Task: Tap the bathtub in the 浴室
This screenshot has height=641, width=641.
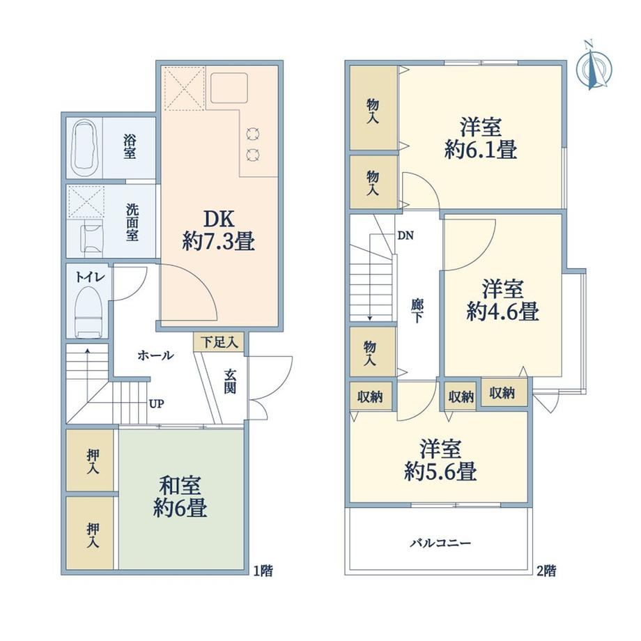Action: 86,148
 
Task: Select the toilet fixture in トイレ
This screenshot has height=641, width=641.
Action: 88,312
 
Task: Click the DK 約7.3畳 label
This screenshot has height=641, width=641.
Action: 219,231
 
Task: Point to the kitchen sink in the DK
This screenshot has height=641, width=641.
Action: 229,88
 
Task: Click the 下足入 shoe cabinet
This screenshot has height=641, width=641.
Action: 219,342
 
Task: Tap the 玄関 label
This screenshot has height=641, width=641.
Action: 230,381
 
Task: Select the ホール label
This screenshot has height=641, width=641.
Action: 156,355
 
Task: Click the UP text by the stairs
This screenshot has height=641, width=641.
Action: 157,404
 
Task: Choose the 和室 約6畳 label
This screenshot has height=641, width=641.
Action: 180,497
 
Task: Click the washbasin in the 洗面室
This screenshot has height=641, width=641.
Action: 93,238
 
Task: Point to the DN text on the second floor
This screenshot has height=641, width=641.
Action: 406,235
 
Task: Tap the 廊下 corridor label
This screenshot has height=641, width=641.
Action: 417,311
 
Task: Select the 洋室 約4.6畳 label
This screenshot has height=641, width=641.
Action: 502,300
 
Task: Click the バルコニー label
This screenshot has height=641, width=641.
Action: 440,543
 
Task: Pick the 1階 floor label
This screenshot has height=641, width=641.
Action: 263,570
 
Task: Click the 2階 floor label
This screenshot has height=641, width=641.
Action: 546,570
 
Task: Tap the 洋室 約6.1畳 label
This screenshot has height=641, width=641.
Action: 481,138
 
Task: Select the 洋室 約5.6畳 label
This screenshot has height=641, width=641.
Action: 440,460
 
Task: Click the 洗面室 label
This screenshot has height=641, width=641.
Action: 132,222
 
